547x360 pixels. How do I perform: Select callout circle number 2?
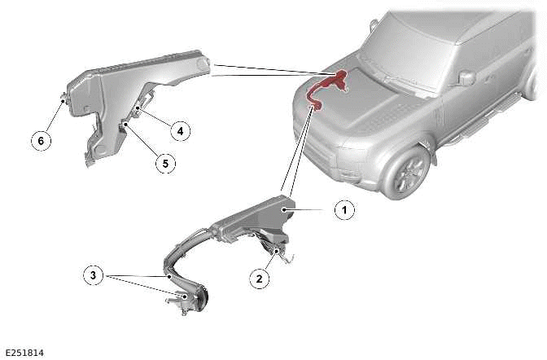click(260, 279)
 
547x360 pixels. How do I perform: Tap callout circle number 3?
click(95, 275)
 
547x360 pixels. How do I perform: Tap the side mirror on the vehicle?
click(466, 78)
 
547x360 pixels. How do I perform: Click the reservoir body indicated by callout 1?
click(252, 217)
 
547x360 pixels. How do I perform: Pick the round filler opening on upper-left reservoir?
click(201, 63)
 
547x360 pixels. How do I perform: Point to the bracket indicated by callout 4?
click(145, 111)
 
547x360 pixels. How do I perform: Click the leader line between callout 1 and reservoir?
click(313, 210)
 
